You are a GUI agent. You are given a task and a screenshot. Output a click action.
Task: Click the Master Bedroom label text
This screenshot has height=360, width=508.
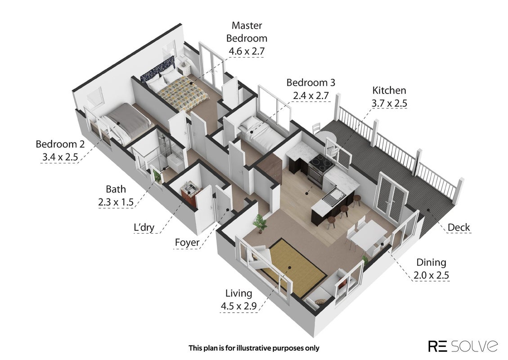(247, 32)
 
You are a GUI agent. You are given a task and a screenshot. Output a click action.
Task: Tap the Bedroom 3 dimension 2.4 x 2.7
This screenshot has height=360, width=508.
(311, 96)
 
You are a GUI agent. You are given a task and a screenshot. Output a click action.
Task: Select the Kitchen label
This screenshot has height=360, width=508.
(389, 90)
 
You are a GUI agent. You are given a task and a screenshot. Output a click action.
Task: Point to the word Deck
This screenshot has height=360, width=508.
(459, 227)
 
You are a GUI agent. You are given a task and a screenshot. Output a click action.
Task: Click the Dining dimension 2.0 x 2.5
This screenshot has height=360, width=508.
(431, 275)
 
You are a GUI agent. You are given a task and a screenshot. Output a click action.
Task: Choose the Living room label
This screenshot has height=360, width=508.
(239, 293)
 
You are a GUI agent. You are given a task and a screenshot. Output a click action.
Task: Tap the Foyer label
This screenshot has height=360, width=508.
(187, 243)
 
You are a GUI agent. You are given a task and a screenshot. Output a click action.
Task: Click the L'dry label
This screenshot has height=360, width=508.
(144, 227)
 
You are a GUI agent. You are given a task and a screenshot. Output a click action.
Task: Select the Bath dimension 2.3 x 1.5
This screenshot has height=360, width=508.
(116, 202)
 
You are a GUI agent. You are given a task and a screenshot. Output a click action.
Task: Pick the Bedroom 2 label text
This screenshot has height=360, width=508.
(60, 144)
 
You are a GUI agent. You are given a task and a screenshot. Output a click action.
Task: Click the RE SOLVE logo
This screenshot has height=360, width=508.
(463, 346)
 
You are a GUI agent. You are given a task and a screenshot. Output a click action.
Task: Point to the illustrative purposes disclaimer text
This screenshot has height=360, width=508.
(254, 348)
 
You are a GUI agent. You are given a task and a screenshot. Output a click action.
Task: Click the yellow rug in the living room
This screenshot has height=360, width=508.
(293, 269)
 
